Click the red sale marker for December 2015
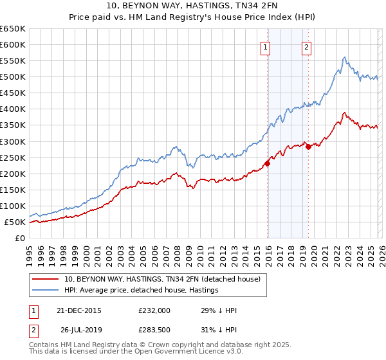[x=268, y=163]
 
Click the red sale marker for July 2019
[x=308, y=147]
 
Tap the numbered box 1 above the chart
[x=266, y=46]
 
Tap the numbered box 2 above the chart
[x=306, y=46]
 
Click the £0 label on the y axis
[x=20, y=238]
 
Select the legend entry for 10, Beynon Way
[x=162, y=279]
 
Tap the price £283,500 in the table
[x=154, y=328]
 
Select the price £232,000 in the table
[x=154, y=310]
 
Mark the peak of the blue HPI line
[x=345, y=57]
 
